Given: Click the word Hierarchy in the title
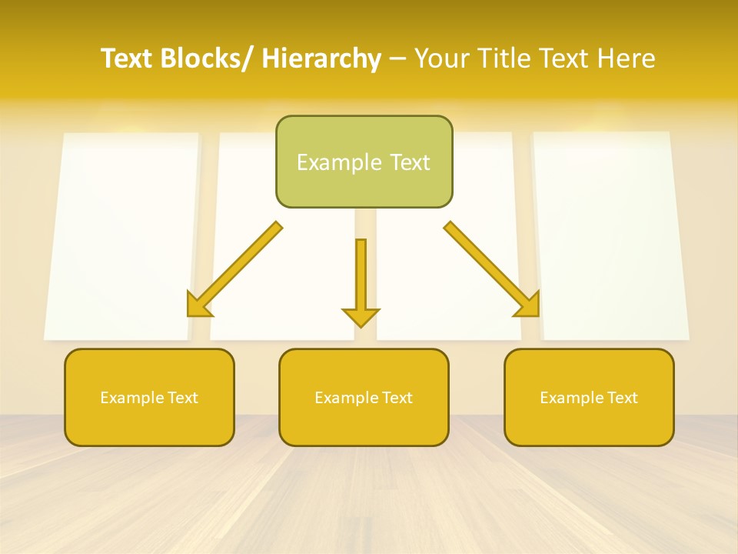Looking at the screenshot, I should click(x=321, y=58).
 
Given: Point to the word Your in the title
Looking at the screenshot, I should click(x=441, y=58).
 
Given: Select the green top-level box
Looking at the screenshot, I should click(x=364, y=162).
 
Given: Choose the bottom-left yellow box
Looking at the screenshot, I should click(x=149, y=397).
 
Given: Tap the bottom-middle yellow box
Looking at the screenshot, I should click(x=364, y=397).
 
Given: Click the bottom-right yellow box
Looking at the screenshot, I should click(x=589, y=397).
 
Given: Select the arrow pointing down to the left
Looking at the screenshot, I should click(x=234, y=269).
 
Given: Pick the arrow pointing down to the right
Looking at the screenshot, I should click(x=492, y=269).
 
